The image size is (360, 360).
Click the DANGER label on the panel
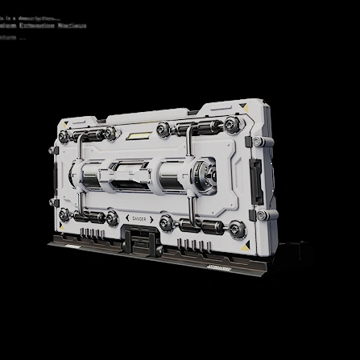[139, 218]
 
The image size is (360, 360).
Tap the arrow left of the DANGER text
[126, 218]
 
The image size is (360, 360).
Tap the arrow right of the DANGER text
[151, 219]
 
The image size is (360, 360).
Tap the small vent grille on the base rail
[218, 266]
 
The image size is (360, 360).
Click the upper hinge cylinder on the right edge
[259, 142]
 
